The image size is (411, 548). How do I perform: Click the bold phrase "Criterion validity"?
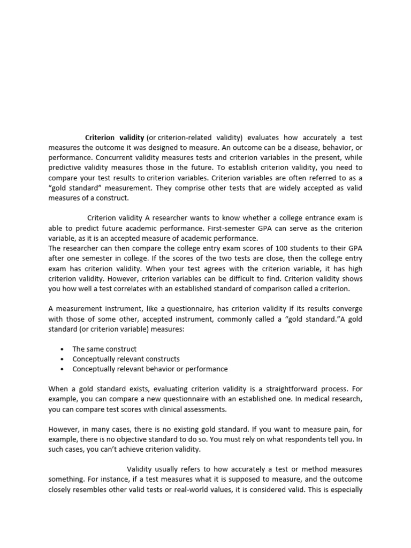(115, 137)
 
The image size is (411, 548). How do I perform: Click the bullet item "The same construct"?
(104, 349)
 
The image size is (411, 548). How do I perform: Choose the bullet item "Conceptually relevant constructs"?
(126, 359)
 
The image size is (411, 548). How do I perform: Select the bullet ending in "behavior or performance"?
(150, 369)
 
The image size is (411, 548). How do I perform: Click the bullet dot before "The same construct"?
(63, 349)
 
